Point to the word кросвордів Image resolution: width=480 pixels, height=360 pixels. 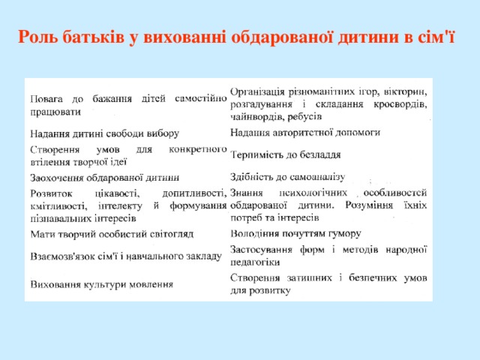tap(400, 104)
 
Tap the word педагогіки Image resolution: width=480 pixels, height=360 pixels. tap(256, 262)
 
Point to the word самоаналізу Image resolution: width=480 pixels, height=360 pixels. tap(313, 177)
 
